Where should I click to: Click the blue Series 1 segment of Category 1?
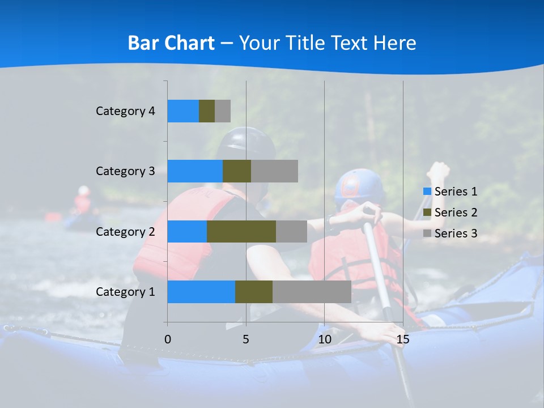(201, 292)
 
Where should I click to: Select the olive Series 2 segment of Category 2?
(241, 231)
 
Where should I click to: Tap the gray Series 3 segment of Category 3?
(274, 171)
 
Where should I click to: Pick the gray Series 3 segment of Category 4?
(222, 111)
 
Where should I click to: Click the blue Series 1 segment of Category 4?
(182, 111)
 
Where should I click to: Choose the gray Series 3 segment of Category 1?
(312, 292)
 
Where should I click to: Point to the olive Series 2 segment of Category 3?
(236, 171)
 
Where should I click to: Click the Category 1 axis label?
(125, 292)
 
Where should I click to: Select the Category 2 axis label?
(125, 231)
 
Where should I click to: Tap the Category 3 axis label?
(125, 171)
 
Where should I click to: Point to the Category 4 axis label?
(125, 111)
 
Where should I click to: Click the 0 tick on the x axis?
(167, 339)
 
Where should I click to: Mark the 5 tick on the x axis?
(246, 339)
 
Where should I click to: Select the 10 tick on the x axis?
(324, 339)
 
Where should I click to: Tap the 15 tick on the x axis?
(402, 339)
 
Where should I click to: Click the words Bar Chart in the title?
(171, 43)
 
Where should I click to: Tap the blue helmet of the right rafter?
(355, 186)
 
